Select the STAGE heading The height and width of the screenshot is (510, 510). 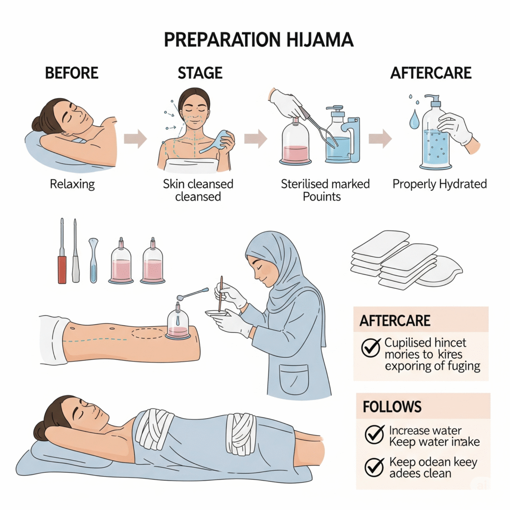(200, 73)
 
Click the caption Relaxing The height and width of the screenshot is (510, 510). (72, 184)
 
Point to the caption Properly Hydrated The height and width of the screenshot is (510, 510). (439, 184)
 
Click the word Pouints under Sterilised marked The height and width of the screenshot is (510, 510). (322, 196)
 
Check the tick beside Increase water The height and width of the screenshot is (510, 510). (374, 434)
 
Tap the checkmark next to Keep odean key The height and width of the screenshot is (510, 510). (374, 467)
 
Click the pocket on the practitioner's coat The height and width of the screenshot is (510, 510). (294, 379)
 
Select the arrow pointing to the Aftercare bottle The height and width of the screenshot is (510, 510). (380, 139)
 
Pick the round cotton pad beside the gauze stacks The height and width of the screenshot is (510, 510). (441, 271)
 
